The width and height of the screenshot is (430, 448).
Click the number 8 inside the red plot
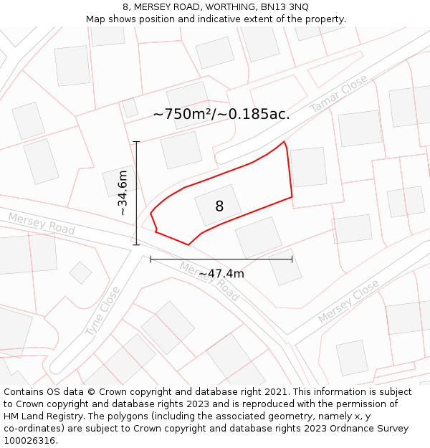pyautogui.click(x=219, y=206)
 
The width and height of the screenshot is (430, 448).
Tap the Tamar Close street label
pyautogui.click(x=339, y=93)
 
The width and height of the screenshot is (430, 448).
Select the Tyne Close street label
pyautogui.click(x=103, y=311)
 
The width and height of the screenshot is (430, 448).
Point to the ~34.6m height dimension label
pyautogui.click(x=123, y=193)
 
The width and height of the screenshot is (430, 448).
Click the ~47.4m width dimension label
pyautogui.click(x=221, y=274)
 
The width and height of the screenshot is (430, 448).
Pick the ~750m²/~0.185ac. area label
pyautogui.click(x=221, y=114)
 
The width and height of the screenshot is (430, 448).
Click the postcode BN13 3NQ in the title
pyautogui.click(x=285, y=6)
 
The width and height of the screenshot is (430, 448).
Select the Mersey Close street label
pyautogui.click(x=348, y=301)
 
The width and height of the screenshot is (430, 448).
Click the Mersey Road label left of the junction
pyautogui.click(x=42, y=223)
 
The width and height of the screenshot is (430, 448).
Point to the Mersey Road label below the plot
pyautogui.click(x=209, y=281)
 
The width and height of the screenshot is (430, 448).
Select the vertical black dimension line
pyautogui.click(x=136, y=194)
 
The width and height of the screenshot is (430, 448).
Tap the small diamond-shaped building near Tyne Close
pyautogui.click(x=80, y=272)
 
